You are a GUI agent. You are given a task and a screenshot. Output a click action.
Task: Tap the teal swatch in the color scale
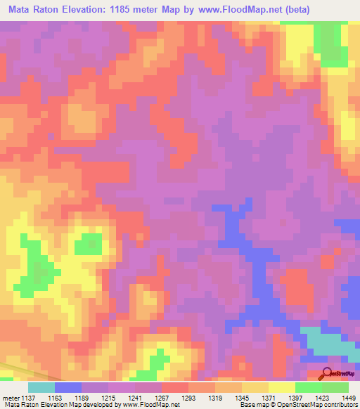pos(41,387)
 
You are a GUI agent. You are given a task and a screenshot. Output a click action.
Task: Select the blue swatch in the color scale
pos(68,387)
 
